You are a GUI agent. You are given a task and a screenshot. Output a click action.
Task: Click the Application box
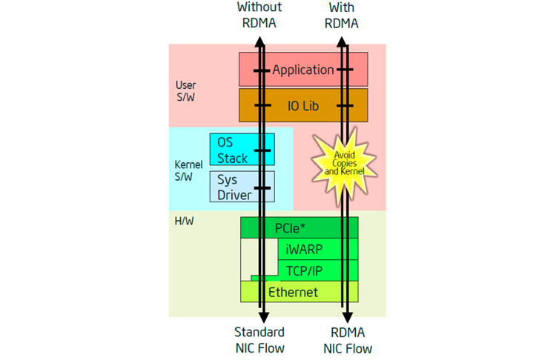tap(303, 70)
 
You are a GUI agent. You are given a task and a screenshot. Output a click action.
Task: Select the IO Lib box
tap(303, 105)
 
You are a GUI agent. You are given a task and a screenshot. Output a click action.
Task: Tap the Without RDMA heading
tap(259, 15)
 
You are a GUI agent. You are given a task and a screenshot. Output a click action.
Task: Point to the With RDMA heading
tap(342, 15)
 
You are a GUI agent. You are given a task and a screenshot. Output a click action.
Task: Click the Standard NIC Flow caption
tap(259, 340)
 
